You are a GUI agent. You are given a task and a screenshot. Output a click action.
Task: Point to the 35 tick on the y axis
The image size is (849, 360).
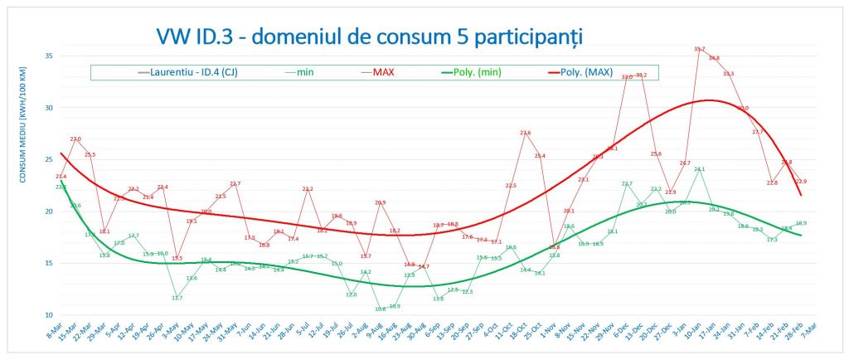point(48,56)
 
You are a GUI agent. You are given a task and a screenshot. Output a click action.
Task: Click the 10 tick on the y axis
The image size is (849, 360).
point(48,315)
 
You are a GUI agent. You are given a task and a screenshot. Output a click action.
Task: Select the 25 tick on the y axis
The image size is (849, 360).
point(48,159)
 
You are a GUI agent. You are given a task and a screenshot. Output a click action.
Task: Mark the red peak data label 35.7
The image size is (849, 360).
point(699,50)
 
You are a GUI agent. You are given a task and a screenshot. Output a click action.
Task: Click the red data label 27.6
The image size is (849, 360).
point(525,133)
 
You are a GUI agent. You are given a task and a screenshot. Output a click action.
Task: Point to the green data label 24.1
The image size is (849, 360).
point(699,169)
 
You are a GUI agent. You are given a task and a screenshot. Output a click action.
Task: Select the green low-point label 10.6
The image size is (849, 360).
point(380,309)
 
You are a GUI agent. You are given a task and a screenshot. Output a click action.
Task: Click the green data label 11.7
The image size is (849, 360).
point(177,298)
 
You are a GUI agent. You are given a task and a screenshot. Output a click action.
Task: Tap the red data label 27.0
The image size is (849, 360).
point(75,139)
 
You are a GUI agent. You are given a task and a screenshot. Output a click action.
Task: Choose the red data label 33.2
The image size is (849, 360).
point(641,75)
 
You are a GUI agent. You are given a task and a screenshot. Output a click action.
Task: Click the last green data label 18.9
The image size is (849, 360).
point(801,223)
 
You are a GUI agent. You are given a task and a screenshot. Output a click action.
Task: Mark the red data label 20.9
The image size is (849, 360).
point(380,202)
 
